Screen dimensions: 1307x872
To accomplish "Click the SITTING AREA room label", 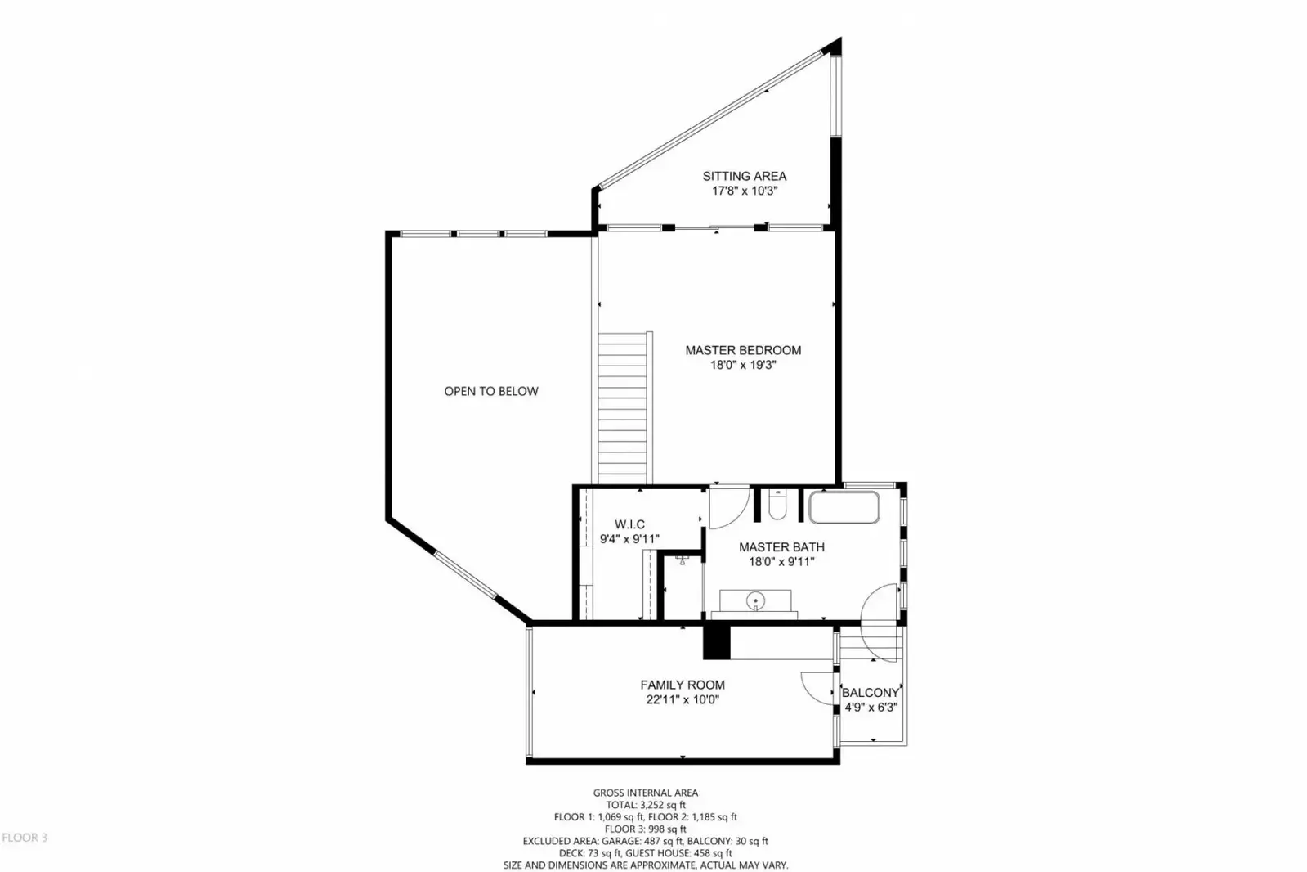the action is pos(744,176).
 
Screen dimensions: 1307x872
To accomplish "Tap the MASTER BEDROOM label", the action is pos(743,350).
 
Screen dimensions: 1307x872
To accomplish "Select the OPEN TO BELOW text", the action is pos(491,391).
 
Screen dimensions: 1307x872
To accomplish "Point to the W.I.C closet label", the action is pos(629,524).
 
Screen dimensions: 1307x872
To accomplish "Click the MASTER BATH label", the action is pos(781,547).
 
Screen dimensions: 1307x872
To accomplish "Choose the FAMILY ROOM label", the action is pos(683,685).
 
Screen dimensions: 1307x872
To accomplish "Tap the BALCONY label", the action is pos(871,693).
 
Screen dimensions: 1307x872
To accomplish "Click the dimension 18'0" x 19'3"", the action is pos(743,366).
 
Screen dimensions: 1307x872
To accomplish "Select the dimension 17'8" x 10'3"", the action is pos(745,191).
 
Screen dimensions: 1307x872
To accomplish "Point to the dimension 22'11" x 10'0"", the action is pos(683,699).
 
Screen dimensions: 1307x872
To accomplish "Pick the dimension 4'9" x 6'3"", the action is pos(871,708).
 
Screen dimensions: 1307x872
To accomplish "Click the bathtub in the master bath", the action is pos(844,507).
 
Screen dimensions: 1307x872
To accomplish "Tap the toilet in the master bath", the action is pos(777,506).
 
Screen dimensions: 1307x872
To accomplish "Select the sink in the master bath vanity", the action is pos(755,600).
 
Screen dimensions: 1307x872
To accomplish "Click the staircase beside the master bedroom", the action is pos(623,407).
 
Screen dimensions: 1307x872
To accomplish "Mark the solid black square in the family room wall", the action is pos(717,642).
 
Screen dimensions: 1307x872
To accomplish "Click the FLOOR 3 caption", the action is pos(25,838).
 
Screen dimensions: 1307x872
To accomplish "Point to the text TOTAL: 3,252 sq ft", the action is pos(646,805).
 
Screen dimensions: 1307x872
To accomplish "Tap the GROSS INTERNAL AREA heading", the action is pos(646,793).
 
